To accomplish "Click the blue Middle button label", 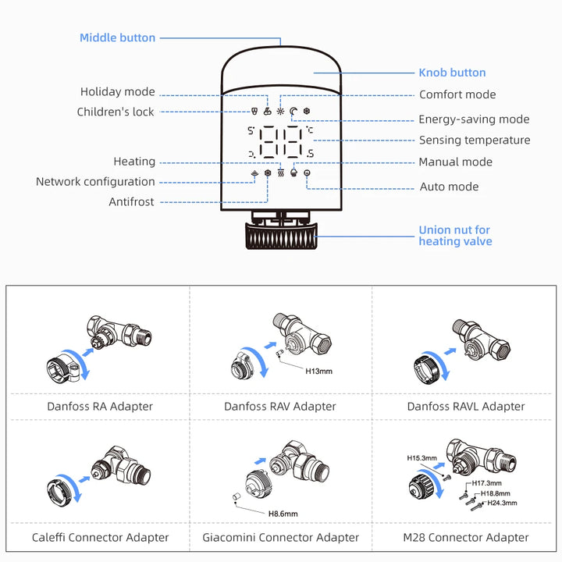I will (117, 37).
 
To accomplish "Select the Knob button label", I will (452, 73).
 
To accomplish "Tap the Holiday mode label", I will (117, 92).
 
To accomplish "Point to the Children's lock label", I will (116, 112).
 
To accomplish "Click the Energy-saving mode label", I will (474, 119).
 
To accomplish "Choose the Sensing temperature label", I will (475, 140).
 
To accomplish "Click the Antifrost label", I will (131, 202).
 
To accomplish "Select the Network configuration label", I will (95, 182).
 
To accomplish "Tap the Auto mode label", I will (449, 187).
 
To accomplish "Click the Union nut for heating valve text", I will (455, 236).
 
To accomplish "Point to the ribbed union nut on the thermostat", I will (280, 234).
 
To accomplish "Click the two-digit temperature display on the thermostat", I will (281, 143).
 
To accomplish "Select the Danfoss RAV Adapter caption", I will (280, 406).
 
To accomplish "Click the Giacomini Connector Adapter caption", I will (281, 537).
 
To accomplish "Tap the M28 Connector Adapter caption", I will (466, 537).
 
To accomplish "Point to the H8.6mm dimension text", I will (283, 513).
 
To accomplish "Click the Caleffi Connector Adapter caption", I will (100, 537).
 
